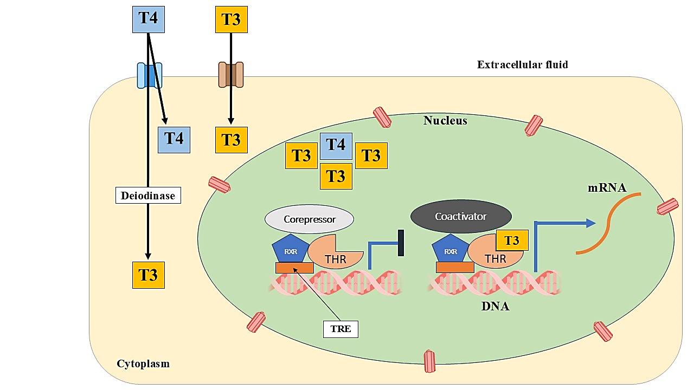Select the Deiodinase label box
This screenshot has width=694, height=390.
point(147,196)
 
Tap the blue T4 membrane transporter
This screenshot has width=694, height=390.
point(150,75)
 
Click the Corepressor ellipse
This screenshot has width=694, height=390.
point(309,220)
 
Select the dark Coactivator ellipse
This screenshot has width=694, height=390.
point(461,216)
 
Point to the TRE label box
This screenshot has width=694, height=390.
point(340,329)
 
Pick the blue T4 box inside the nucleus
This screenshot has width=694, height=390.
point(336,145)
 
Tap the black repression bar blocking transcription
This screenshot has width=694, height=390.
point(401,243)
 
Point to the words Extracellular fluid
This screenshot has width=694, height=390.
point(522,65)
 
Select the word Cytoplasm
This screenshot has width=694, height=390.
point(143,363)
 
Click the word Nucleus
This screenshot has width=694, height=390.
point(445,120)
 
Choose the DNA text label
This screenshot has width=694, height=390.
point(496,306)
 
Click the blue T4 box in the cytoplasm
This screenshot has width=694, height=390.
point(174,139)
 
